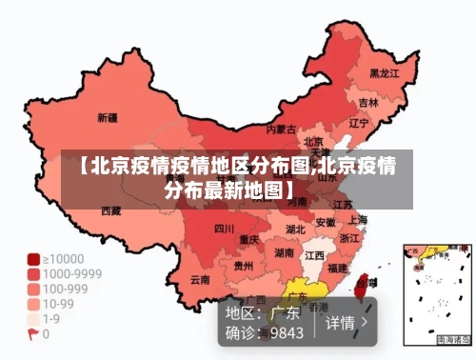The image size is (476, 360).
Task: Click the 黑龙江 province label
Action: point(384,72)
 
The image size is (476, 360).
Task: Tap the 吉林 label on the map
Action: point(368,102)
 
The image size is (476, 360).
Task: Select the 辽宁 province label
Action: point(359,123)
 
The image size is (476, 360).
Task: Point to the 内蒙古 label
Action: point(281,129)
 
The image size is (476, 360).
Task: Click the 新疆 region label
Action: point(107,118)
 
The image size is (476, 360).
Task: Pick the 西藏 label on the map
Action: point(111,210)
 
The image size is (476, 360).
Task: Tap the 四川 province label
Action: point(224,229)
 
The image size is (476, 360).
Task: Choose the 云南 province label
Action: point(200,279)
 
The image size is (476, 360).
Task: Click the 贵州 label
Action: point(245,267)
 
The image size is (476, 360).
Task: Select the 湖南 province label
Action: point(284,253)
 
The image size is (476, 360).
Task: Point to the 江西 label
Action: point(314,256)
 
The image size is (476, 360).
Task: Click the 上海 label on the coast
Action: point(358,219)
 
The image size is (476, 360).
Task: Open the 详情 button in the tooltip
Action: point(347,322)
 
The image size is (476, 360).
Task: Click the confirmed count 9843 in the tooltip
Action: point(287,333)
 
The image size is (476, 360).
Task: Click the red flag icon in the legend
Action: point(33,334)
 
